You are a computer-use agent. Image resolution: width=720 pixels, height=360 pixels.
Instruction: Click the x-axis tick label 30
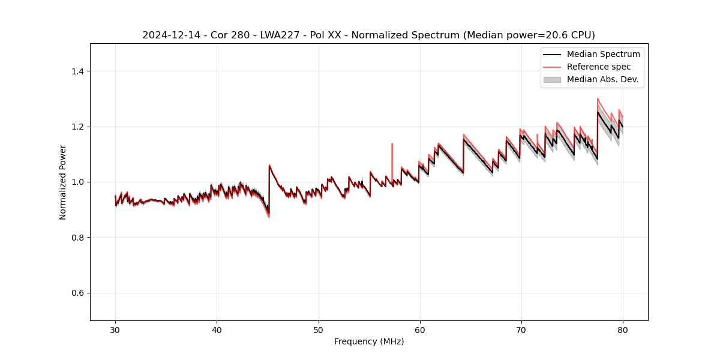[115, 329]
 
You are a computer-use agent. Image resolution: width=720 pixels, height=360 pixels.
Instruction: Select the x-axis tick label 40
[217, 329]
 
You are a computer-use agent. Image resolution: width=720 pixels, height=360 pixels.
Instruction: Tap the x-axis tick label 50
[318, 329]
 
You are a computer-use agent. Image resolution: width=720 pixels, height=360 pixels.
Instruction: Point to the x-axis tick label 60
[420, 329]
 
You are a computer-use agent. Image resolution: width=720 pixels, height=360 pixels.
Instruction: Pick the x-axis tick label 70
[521, 329]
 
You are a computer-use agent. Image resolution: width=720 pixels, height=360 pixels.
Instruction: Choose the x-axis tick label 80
[623, 329]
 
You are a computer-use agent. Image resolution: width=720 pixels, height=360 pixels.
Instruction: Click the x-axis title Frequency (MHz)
[369, 341]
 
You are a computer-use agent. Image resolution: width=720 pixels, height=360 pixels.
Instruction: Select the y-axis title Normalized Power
[63, 182]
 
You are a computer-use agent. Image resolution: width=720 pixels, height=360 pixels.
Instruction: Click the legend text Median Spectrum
[603, 54]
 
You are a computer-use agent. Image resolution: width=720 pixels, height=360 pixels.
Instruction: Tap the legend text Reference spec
[599, 67]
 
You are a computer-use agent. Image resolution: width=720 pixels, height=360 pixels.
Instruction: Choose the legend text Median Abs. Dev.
[602, 79]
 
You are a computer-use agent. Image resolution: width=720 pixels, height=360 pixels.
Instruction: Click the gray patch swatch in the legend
[552, 79]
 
